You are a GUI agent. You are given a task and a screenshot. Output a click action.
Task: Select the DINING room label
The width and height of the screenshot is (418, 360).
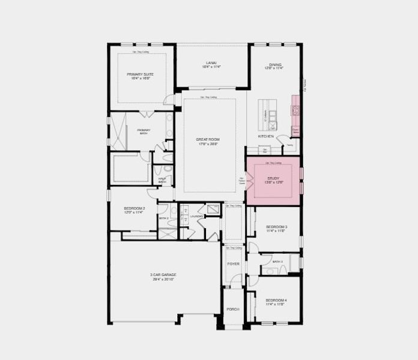tap(275, 64)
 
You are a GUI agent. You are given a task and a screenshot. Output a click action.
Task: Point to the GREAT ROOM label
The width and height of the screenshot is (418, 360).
tap(207, 139)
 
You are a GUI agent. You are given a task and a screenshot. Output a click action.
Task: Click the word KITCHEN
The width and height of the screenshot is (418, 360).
tap(266, 136)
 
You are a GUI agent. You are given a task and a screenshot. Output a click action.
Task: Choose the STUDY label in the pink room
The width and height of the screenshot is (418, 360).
tap(274, 178)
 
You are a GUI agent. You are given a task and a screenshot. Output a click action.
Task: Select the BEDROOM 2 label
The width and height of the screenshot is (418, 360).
tap(135, 208)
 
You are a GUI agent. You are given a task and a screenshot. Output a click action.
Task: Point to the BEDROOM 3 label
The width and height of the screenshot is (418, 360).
tap(276, 227)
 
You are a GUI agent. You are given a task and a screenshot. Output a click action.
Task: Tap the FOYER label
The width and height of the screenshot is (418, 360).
tap(233, 264)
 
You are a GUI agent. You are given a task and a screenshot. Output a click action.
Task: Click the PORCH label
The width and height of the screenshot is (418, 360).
tap(233, 309)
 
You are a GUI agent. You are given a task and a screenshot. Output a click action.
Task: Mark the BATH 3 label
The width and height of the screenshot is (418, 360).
tap(277, 262)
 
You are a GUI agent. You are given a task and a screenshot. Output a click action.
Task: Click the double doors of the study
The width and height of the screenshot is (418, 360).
tap(247, 180)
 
